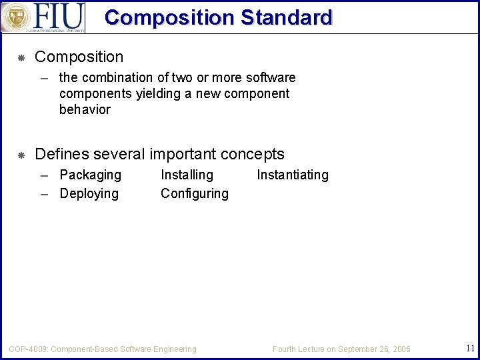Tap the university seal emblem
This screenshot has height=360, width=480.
pyautogui.click(x=16, y=17)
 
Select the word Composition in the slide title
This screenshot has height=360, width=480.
pyautogui.click(x=169, y=17)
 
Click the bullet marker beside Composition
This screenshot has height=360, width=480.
pyautogui.click(x=21, y=58)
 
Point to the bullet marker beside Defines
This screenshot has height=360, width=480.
pyautogui.click(x=21, y=155)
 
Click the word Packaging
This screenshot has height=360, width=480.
pyautogui.click(x=90, y=175)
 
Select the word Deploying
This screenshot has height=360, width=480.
pyautogui.click(x=89, y=194)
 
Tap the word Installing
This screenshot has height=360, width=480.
pyautogui.click(x=187, y=175)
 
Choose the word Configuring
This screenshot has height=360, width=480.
pyautogui.click(x=194, y=194)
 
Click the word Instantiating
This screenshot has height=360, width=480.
pyautogui.click(x=293, y=175)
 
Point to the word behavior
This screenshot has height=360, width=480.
pyautogui.click(x=85, y=109)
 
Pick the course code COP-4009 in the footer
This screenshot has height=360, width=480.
pyautogui.click(x=27, y=349)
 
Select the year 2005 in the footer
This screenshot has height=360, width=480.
pyautogui.click(x=401, y=349)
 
